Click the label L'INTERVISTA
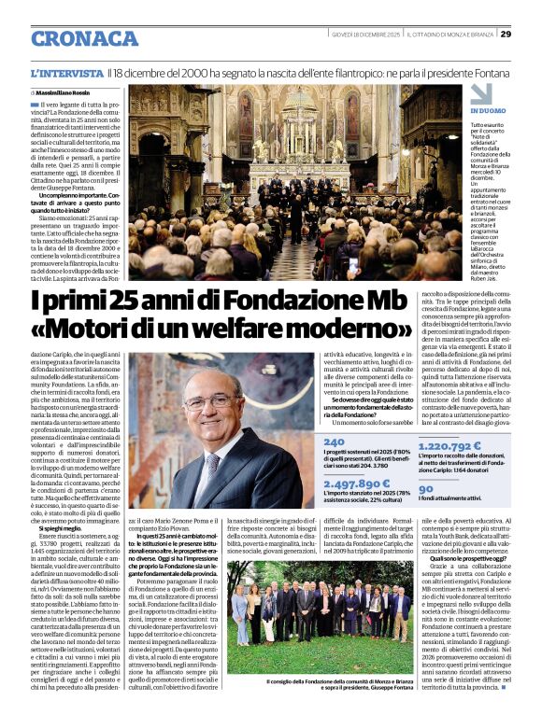pos(66,73)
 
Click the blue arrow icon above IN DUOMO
pos(480,93)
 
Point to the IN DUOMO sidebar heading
pos(488,111)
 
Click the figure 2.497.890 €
pos(357,484)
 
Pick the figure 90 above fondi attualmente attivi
pos(425,487)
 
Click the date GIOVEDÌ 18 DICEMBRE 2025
pos(365,35)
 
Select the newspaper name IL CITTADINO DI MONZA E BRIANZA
pos(450,35)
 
